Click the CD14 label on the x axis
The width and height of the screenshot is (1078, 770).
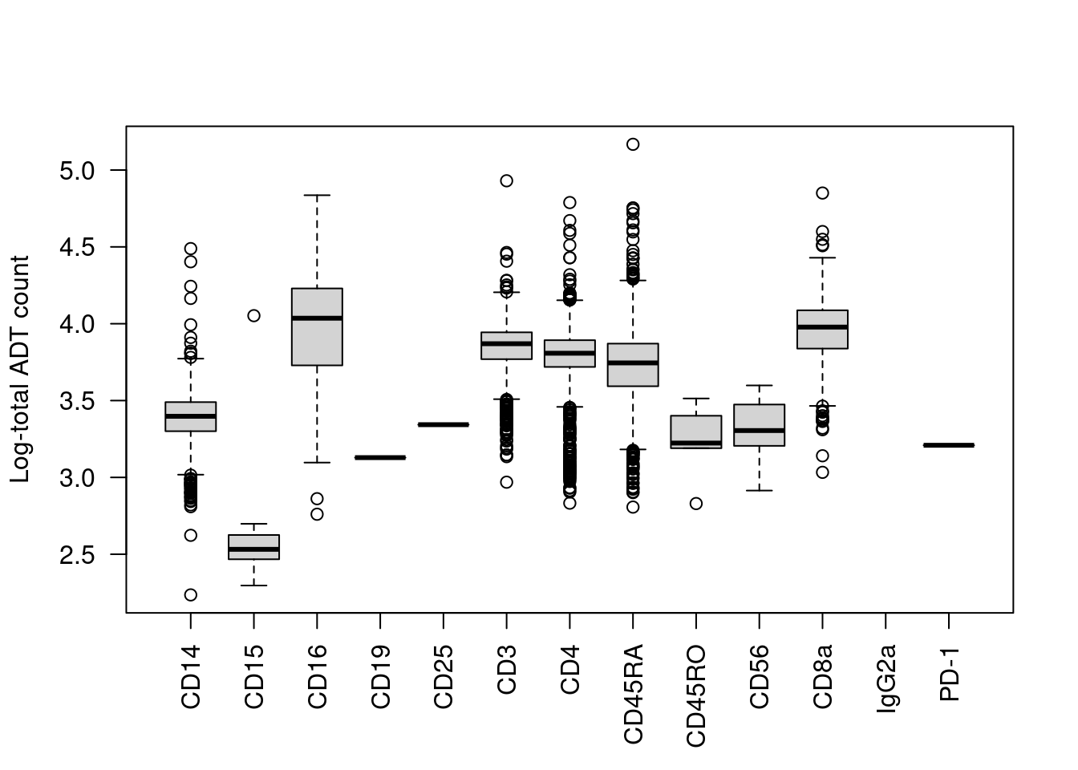(191, 677)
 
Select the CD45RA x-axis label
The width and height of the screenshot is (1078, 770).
(633, 694)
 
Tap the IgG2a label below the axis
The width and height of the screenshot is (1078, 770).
(885, 679)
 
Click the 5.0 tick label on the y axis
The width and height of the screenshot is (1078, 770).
(77, 171)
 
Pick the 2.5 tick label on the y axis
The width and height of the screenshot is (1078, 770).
(77, 555)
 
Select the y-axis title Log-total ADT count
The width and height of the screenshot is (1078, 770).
(20, 369)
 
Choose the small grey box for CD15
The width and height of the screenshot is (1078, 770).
(253, 547)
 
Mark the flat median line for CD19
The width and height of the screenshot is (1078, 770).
(380, 457)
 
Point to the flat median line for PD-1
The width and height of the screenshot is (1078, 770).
(949, 445)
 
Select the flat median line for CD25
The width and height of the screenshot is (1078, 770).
(444, 424)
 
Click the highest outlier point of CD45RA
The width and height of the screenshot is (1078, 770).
(633, 144)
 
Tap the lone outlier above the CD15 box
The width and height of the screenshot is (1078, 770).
(253, 316)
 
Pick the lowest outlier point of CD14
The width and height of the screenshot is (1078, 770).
(191, 595)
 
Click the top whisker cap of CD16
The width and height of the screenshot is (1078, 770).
(317, 195)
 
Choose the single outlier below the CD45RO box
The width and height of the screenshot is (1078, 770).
(696, 504)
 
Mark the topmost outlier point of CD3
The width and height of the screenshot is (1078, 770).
(507, 181)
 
